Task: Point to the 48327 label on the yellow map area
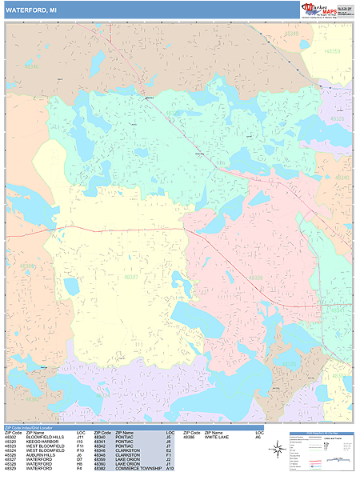point(130,277)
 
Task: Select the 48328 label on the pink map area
point(256,278)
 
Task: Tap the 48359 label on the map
point(333,51)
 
